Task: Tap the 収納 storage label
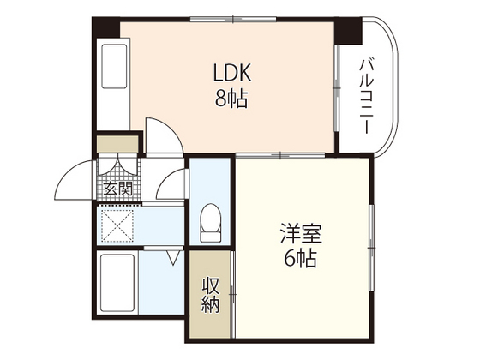click(211, 294)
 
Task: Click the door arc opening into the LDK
click(160, 137)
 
